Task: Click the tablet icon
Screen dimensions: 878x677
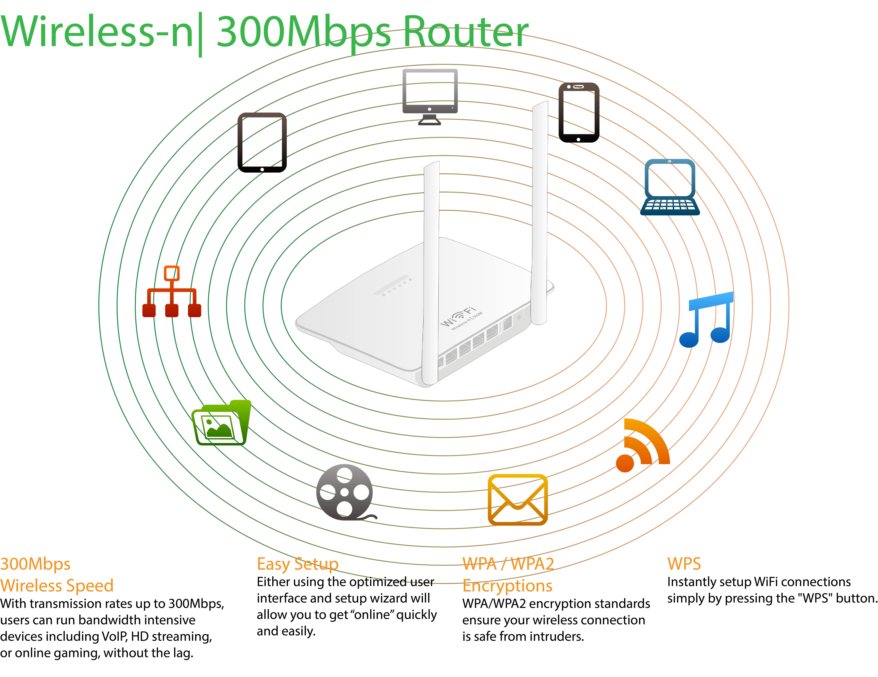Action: [x=262, y=142]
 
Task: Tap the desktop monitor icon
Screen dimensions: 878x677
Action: [x=430, y=96]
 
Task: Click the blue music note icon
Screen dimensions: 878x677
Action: [x=706, y=320]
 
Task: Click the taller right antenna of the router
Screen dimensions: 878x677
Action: [x=539, y=213]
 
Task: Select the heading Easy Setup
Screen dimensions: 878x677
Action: [x=297, y=564]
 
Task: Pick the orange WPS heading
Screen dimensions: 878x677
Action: [x=684, y=564]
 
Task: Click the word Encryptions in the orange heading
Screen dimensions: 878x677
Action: [x=507, y=586]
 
